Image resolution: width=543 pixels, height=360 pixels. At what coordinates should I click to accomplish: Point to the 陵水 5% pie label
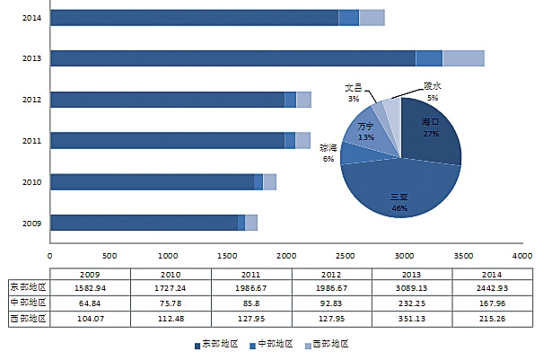(x=432, y=92)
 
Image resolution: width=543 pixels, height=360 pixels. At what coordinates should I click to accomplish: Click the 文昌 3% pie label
(x=354, y=92)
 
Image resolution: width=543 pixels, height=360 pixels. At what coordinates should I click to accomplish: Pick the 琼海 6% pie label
(x=328, y=153)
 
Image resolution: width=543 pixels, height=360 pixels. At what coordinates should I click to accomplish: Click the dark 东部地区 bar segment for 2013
(x=233, y=58)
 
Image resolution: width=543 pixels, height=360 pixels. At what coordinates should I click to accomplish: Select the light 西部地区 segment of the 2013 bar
(x=463, y=58)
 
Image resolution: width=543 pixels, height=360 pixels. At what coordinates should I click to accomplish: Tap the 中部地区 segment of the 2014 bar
(x=348, y=17)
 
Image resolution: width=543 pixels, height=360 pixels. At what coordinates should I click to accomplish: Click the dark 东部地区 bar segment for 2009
(x=144, y=223)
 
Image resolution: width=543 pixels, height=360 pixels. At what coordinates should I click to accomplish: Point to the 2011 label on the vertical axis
(x=31, y=141)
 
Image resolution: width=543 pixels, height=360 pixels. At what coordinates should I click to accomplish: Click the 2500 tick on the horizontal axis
(x=346, y=255)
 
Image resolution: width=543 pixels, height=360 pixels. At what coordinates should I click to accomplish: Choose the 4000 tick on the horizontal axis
(x=522, y=255)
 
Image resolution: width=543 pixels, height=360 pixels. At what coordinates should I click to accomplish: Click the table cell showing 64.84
(x=90, y=303)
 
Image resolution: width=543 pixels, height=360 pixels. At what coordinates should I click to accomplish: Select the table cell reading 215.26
(x=492, y=318)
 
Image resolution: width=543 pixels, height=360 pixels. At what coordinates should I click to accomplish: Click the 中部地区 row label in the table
(x=28, y=303)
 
